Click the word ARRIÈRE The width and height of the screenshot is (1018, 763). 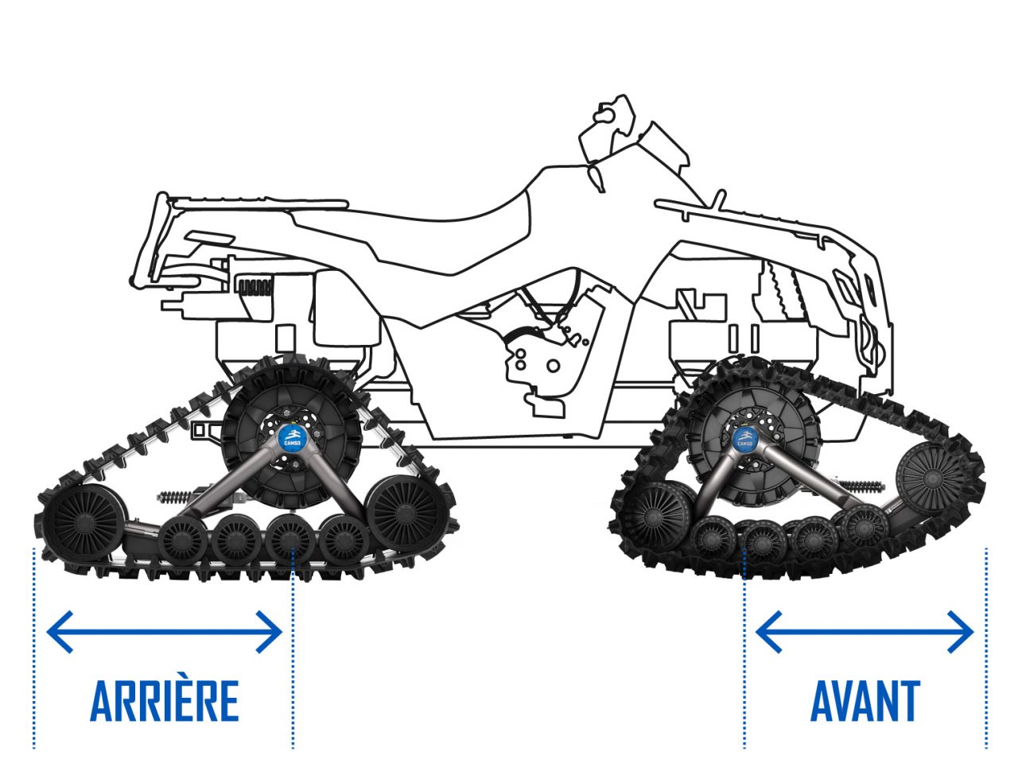[165, 701]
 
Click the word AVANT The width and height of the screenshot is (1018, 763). [865, 701]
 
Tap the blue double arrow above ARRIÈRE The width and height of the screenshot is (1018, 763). [165, 632]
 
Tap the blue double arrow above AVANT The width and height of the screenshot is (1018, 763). [865, 632]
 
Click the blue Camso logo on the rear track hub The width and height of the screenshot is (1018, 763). [291, 436]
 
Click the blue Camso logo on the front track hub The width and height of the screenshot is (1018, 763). [745, 439]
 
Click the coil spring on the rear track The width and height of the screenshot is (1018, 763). [175, 498]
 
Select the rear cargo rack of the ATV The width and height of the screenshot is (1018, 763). [255, 203]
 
